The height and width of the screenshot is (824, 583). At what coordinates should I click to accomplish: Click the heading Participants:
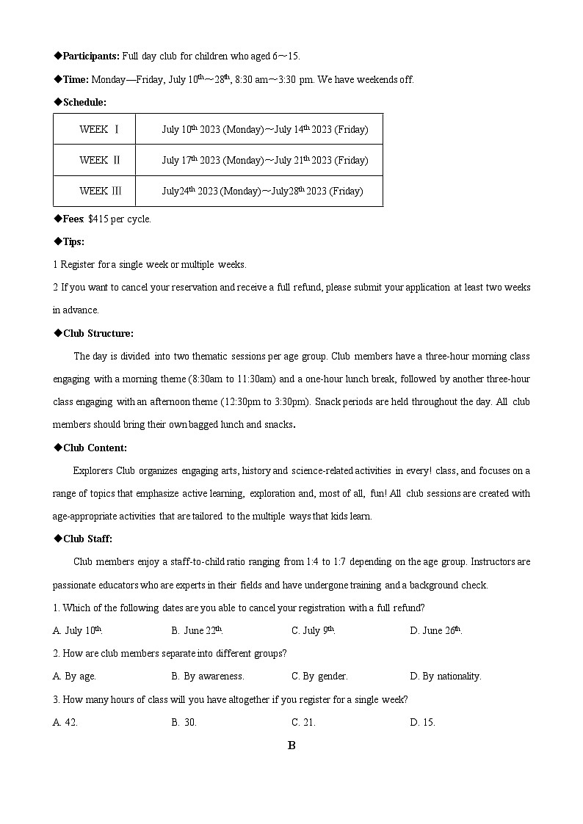click(x=91, y=56)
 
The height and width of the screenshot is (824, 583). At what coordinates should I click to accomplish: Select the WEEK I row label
click(x=100, y=130)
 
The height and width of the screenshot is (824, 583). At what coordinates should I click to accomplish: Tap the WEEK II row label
click(x=100, y=160)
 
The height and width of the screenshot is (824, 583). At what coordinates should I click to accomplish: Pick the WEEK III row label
click(x=101, y=191)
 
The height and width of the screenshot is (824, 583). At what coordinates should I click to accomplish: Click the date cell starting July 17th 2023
click(x=265, y=160)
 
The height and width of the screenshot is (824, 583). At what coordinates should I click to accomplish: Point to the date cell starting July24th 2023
click(x=262, y=191)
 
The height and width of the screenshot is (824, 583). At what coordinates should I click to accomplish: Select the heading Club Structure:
click(x=98, y=333)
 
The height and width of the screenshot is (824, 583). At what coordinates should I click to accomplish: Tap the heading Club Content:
click(x=95, y=448)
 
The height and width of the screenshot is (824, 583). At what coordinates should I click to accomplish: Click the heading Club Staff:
click(x=87, y=539)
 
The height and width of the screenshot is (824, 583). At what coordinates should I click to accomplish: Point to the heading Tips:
click(x=73, y=241)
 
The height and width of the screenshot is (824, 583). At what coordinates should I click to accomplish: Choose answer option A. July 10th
click(x=78, y=630)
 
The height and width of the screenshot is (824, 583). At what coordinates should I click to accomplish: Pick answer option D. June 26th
click(x=435, y=630)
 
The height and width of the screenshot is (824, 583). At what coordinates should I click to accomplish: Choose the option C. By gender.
click(x=319, y=676)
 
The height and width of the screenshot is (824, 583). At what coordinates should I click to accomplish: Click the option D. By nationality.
click(x=446, y=676)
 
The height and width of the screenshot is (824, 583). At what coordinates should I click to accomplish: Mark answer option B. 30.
click(x=184, y=722)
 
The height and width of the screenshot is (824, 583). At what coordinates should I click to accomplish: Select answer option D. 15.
click(x=422, y=722)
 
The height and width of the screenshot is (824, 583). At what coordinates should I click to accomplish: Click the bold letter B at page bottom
click(x=291, y=745)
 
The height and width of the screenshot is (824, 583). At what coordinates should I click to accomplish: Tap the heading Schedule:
click(x=84, y=102)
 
